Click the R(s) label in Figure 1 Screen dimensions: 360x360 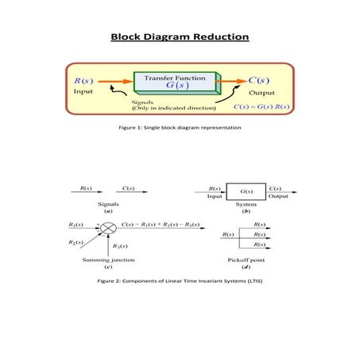tap(81, 80)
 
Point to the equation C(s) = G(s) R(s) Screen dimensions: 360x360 tap(258, 106)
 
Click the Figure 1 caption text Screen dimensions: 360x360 tap(179, 126)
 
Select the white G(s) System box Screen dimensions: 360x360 tap(246, 192)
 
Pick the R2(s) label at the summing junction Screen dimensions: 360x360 tap(77, 242)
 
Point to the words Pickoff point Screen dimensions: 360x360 tap(246, 259)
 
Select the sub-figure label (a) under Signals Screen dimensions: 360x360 tap(107, 211)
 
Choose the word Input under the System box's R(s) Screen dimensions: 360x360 tap(214, 196)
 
